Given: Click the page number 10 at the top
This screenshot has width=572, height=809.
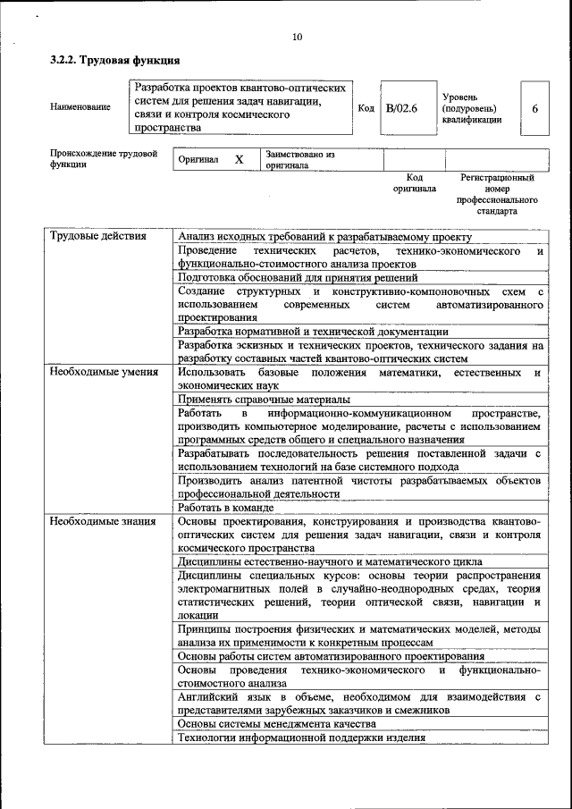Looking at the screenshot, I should pyautogui.click(x=298, y=37).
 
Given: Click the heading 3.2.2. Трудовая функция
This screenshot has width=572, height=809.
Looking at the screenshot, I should pyautogui.click(x=114, y=61).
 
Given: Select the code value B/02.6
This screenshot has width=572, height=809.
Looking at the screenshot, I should pyautogui.click(x=401, y=108).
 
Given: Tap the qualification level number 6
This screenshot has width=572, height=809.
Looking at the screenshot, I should pyautogui.click(x=534, y=108).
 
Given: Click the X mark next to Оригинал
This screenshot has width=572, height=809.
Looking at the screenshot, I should pyautogui.click(x=239, y=159).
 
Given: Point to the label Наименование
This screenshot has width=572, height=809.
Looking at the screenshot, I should pyautogui.click(x=80, y=107).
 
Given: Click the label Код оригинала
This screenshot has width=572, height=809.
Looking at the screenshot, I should pyautogui.click(x=414, y=183).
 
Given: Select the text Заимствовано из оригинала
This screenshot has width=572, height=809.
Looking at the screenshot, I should pyautogui.click(x=299, y=159).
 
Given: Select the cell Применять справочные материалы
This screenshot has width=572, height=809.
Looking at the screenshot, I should pyautogui.click(x=264, y=400).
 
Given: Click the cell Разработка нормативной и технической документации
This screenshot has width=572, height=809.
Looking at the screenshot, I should pyautogui.click(x=313, y=331).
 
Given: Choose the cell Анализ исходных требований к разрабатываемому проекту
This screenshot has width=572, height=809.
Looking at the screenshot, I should pyautogui.click(x=324, y=237).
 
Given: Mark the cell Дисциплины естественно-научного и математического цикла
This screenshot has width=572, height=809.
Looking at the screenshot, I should pyautogui.click(x=331, y=561).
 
